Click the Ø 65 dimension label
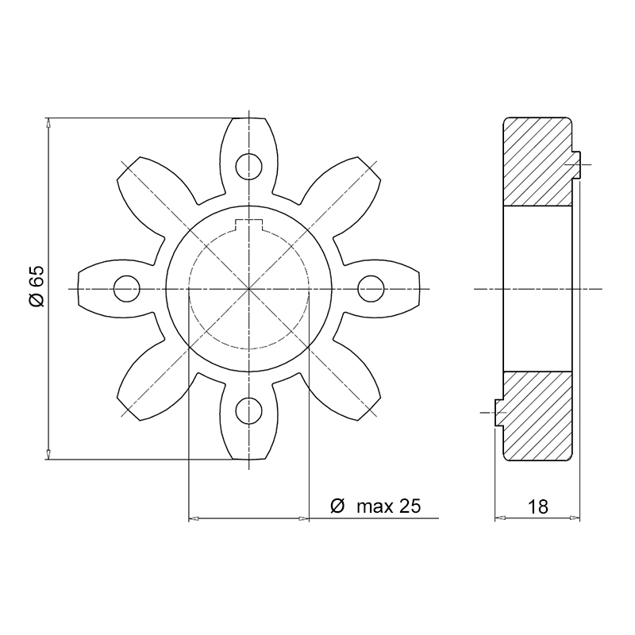(37, 287)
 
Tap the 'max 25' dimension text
(389, 506)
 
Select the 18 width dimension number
(538, 506)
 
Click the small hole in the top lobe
(248, 167)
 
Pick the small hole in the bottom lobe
(248, 410)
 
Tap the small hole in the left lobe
(127, 289)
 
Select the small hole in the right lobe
(371, 289)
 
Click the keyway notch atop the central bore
(249, 225)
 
